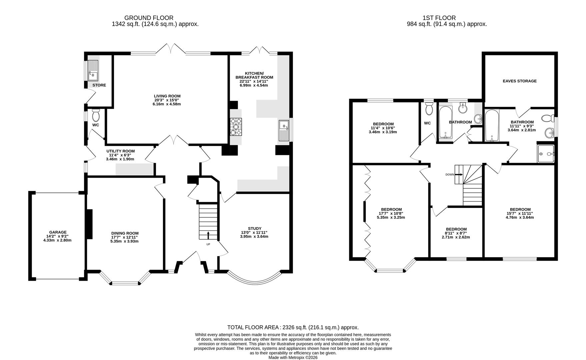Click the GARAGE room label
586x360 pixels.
(x=58, y=232)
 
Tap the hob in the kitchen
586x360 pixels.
(x=236, y=127)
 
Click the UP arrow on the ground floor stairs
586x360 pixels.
(x=208, y=235)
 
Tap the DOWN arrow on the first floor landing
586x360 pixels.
(x=459, y=174)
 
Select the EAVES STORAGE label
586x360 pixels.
(x=519, y=81)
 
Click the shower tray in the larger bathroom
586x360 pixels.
(x=546, y=154)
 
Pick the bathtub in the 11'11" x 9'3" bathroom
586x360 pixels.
(x=491, y=126)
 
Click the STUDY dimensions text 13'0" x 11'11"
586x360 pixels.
(x=254, y=233)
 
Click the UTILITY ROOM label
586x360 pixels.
(x=120, y=151)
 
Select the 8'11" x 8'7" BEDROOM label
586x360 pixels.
(x=456, y=229)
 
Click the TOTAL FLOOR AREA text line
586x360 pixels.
(x=293, y=327)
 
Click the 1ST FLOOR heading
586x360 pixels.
(x=439, y=18)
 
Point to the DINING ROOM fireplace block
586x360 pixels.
(x=89, y=224)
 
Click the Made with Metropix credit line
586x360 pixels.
(x=293, y=357)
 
